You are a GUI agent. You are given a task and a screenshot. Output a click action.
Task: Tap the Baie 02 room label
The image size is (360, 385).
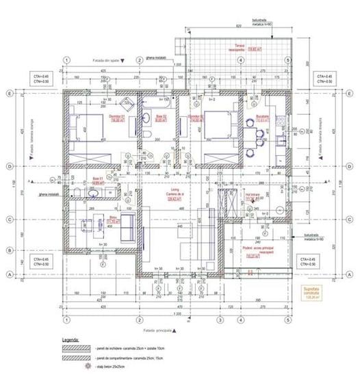161,118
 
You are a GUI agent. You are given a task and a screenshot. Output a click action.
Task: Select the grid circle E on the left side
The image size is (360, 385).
10,94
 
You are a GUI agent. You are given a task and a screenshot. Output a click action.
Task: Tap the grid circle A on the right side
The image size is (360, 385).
351,275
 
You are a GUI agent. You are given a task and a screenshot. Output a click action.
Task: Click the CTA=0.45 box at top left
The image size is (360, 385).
42,78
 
